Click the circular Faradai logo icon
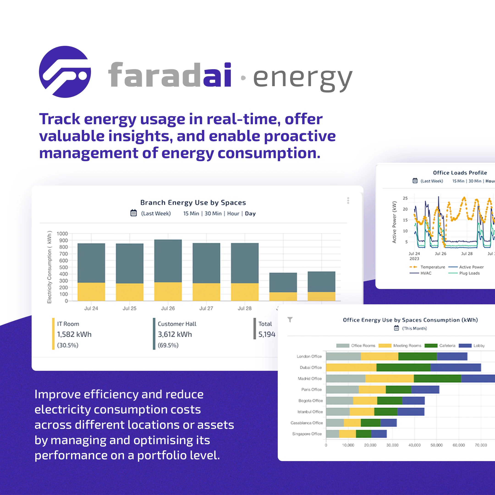(65, 72)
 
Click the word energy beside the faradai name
(302, 78)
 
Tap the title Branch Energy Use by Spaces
(193, 202)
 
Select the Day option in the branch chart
(250, 213)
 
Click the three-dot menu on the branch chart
(348, 200)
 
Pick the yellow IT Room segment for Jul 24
(91, 291)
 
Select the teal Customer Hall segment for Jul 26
(168, 261)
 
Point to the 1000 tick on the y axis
(62, 234)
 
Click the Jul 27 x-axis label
(206, 308)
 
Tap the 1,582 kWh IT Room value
(74, 334)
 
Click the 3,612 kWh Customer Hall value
(175, 334)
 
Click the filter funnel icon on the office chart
(290, 319)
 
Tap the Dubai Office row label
(311, 367)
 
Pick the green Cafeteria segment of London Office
(417, 356)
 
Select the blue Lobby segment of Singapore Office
(379, 434)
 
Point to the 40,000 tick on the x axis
(414, 445)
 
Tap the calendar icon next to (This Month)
(396, 328)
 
